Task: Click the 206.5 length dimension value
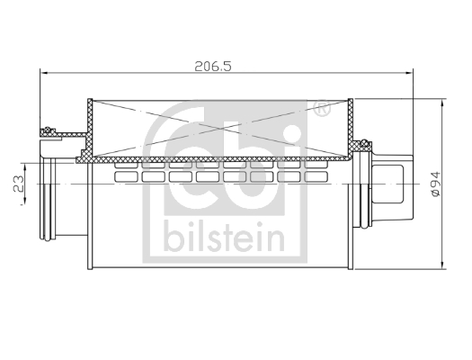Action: (x=213, y=67)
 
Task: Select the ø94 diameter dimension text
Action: (x=435, y=184)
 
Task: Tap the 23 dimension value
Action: (x=18, y=184)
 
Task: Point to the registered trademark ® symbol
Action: (x=322, y=109)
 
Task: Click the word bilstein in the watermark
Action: (x=224, y=237)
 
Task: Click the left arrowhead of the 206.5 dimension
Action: (x=44, y=73)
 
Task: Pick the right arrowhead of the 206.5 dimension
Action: (x=409, y=73)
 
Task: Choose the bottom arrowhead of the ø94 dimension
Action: (x=442, y=264)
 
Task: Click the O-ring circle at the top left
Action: (x=48, y=130)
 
